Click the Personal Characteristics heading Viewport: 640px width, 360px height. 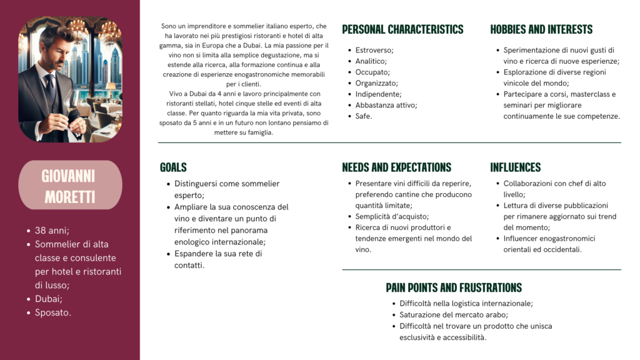pos(402,29)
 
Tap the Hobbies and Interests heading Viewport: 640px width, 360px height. pos(541,29)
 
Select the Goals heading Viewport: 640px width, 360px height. pos(173,167)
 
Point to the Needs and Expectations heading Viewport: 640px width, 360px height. pos(396,167)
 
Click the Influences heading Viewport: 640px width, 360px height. pos(515,167)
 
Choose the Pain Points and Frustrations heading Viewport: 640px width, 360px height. pos(454,288)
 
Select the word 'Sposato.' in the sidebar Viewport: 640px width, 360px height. pos(53,312)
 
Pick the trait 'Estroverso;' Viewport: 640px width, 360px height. pos(374,50)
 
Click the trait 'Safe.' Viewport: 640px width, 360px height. pos(364,116)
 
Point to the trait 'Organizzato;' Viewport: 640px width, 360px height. pos(376,83)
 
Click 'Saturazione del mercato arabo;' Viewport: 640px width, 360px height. pos(454,315)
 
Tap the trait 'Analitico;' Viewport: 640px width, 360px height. pos(371,61)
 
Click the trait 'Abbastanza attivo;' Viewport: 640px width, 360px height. pos(386,105)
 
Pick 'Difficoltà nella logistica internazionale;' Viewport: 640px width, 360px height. pos(466,304)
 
